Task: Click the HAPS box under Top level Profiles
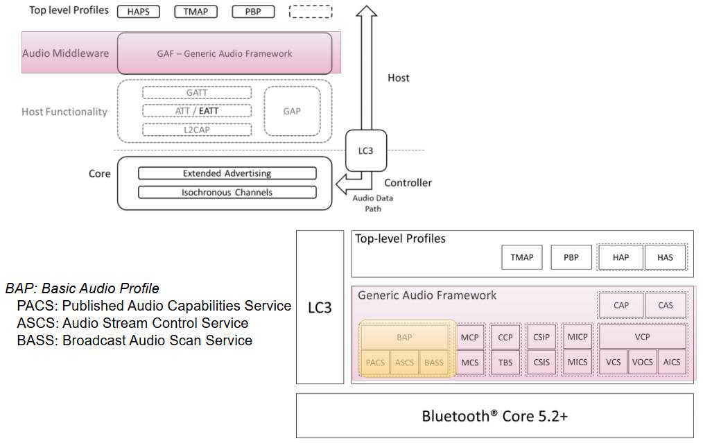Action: (x=138, y=12)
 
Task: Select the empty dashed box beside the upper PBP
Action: (x=311, y=12)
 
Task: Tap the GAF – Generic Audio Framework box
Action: (x=225, y=53)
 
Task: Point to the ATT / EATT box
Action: (x=197, y=111)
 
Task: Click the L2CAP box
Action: (x=197, y=130)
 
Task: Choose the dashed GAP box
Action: (x=292, y=111)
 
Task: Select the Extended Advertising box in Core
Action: (x=227, y=173)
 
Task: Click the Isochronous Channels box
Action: (x=227, y=192)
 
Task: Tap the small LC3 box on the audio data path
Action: (x=365, y=150)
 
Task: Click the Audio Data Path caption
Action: (x=373, y=203)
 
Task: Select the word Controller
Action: (x=408, y=183)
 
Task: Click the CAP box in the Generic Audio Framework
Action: (x=621, y=305)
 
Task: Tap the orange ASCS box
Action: (x=404, y=363)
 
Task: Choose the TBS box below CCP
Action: (x=505, y=363)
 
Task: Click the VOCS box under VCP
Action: (x=642, y=362)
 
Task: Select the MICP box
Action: (x=577, y=337)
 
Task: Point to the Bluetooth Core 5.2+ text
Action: (x=494, y=416)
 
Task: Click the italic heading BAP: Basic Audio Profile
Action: (x=83, y=288)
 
